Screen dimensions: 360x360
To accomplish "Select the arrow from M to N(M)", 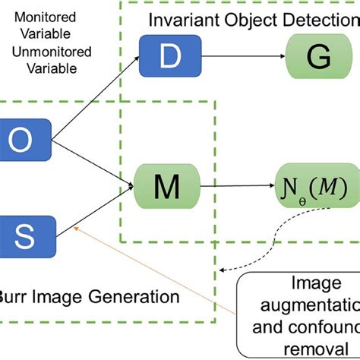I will click(235, 185).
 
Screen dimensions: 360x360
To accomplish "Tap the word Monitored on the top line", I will click(44, 16).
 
